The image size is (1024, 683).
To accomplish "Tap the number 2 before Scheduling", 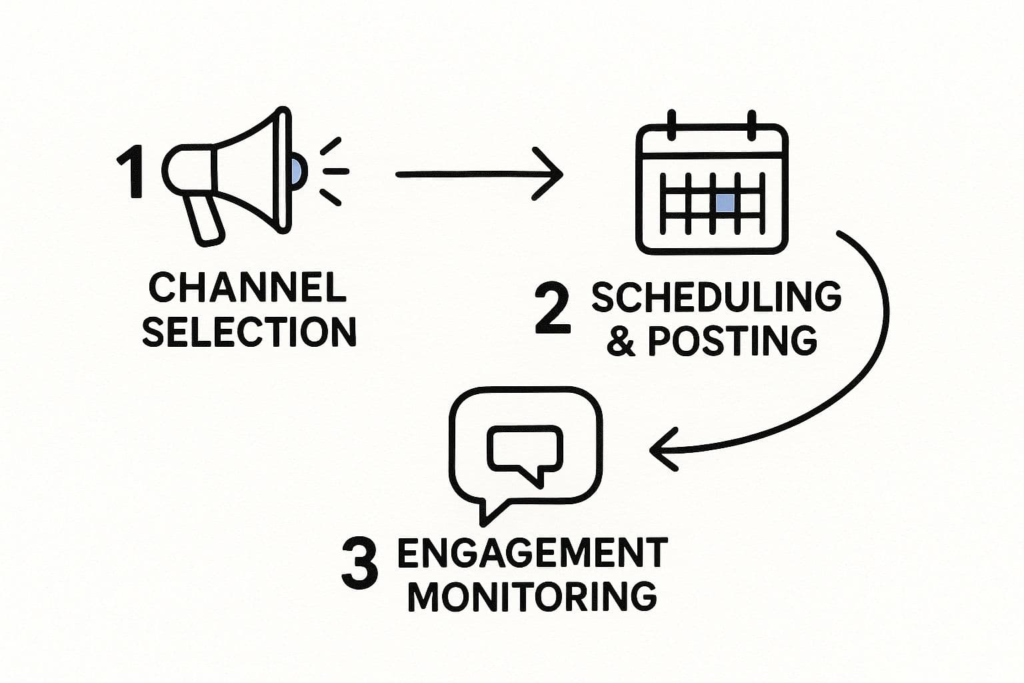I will [553, 309].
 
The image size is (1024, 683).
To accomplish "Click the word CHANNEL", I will [247, 288].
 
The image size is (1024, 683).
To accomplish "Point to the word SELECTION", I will [249, 331].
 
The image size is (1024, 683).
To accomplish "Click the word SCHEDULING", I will [717, 297].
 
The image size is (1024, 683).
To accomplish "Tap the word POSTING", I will [732, 341].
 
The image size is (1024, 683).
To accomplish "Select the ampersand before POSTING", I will [621, 341].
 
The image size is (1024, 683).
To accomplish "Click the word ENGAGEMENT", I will [532, 553].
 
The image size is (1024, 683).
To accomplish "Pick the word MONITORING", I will [532, 596].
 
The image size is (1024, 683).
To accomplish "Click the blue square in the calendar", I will [725, 203].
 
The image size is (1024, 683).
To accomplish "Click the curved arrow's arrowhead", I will [660, 450].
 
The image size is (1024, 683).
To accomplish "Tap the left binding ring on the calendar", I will [671, 125].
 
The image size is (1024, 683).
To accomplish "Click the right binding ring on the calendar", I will [752, 125].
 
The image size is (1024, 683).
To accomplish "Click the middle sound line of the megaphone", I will [335, 171].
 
